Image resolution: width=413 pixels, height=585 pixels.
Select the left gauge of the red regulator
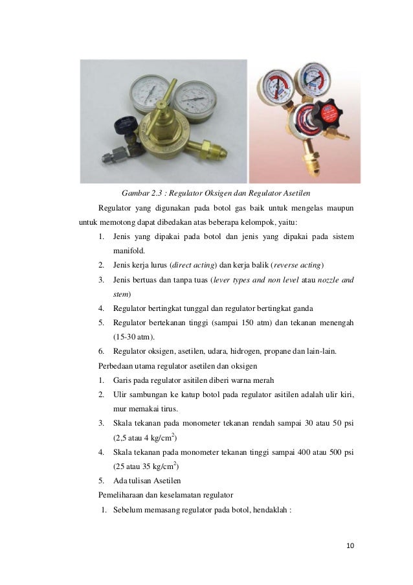(x=275, y=87)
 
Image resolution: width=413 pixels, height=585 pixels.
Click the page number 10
(x=350, y=545)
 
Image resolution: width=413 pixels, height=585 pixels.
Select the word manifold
(x=129, y=251)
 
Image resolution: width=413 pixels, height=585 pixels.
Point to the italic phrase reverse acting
(x=298, y=265)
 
